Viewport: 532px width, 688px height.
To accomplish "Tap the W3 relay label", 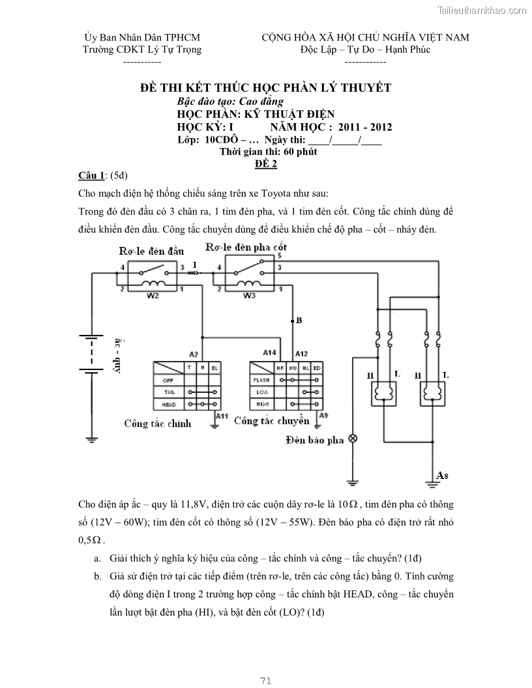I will pos(248,294).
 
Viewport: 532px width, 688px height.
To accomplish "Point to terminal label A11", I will pos(222,416).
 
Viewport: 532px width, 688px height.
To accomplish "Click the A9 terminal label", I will pos(324,416).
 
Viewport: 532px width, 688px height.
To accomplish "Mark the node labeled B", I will pos(299,321).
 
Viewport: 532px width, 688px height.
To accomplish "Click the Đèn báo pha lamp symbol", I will pos(353,438).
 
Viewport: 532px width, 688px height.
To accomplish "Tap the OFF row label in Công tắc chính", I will pos(168,380).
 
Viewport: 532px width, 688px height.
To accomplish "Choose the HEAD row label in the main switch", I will pos(168,405).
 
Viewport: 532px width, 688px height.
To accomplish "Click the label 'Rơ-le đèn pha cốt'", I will pos(246,248).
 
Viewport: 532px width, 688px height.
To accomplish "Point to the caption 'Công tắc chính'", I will pos(158,423).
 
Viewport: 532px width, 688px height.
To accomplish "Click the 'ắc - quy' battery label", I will pos(119,356).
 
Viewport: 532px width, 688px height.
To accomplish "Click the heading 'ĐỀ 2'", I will pos(266,164).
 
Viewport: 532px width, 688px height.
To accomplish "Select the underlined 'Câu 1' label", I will pos(91,175).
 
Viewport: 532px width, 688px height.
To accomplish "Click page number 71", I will pos(265,681).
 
